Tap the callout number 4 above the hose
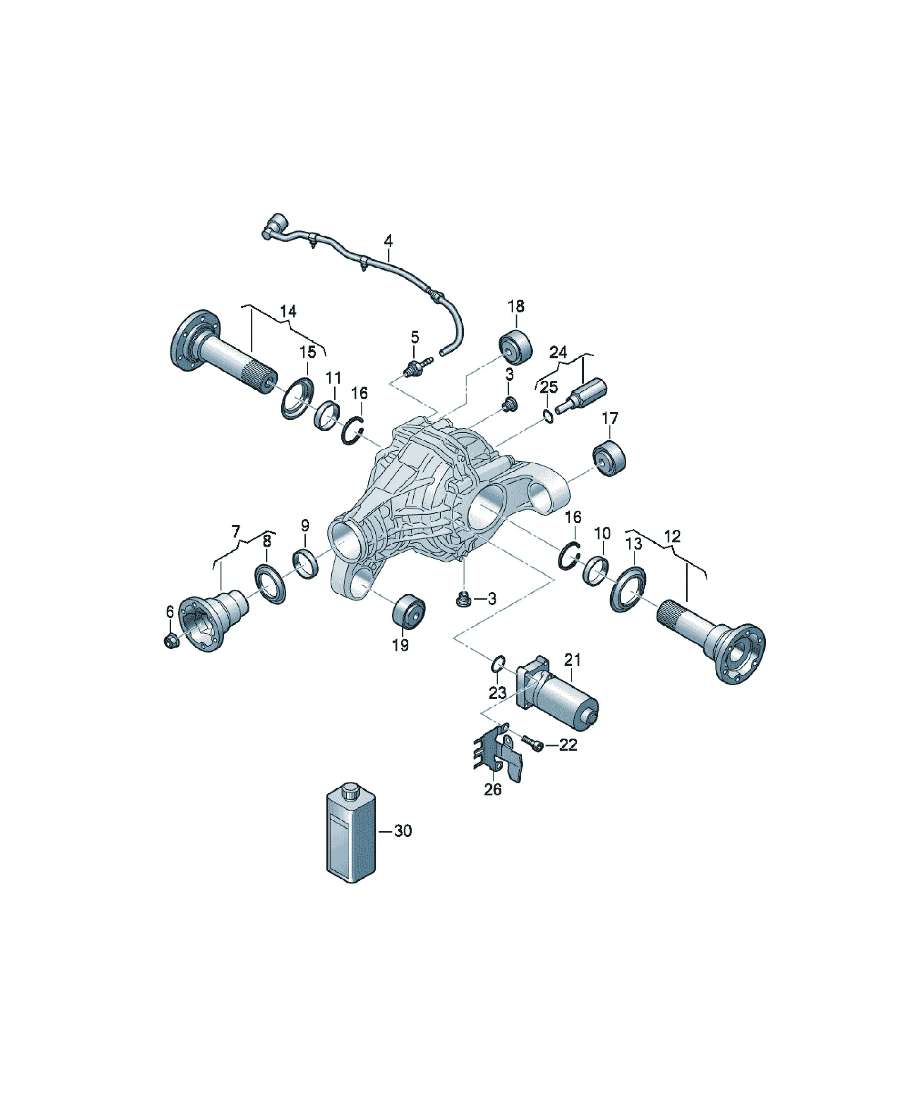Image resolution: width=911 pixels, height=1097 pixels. tap(388, 241)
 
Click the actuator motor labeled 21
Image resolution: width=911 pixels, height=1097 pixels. tap(557, 693)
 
